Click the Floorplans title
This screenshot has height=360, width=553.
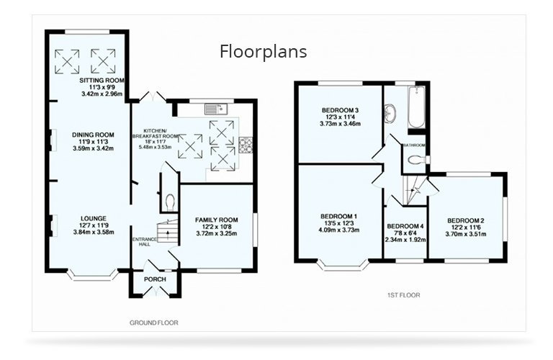pos(263,51)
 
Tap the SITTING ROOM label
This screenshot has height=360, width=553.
pos(102,80)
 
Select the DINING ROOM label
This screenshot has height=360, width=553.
pos(93,135)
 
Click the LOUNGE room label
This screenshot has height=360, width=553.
pos(94,219)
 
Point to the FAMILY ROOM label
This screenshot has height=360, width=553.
pos(217,220)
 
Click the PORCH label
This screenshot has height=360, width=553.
pos(155,279)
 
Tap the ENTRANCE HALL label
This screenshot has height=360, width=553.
pos(144,241)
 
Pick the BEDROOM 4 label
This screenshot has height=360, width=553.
pos(405,226)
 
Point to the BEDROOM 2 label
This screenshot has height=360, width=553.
pos(466,221)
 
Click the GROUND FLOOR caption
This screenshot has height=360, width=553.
pos(154,323)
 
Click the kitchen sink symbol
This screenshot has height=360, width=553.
pos(216,109)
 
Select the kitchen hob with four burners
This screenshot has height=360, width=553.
pos(246,145)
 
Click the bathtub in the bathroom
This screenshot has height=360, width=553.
pos(416,107)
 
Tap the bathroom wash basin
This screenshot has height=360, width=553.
pos(390,114)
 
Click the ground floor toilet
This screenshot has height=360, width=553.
pos(170,202)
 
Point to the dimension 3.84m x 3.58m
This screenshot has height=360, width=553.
pos(94,232)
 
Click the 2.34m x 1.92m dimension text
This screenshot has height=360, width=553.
pos(405,240)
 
